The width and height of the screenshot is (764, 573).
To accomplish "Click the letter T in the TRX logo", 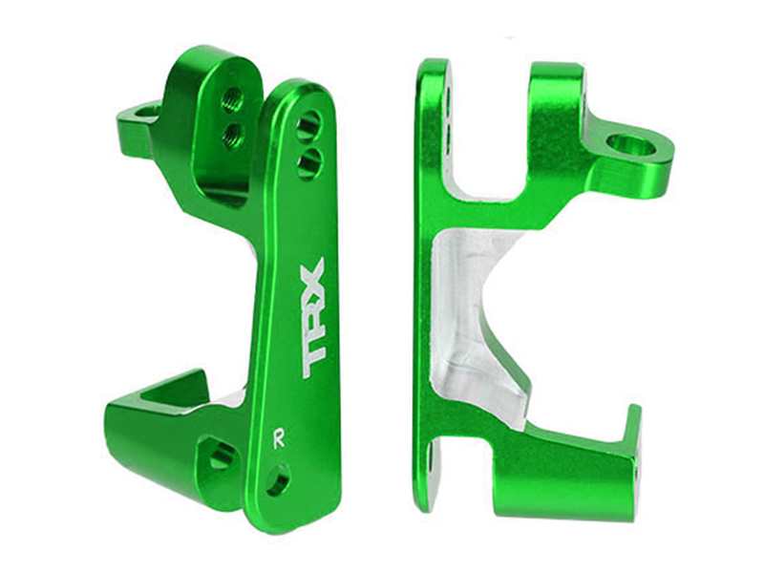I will point(313,354).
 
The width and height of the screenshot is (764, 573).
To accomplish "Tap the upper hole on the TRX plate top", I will point(308,125).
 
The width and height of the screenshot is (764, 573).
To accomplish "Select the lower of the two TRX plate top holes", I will point(307,164).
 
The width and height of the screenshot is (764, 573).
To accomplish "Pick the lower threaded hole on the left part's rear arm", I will point(232,136).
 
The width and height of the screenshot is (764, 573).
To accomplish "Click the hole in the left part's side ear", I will point(148,113).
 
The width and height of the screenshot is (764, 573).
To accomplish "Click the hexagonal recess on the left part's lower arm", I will point(222,456).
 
